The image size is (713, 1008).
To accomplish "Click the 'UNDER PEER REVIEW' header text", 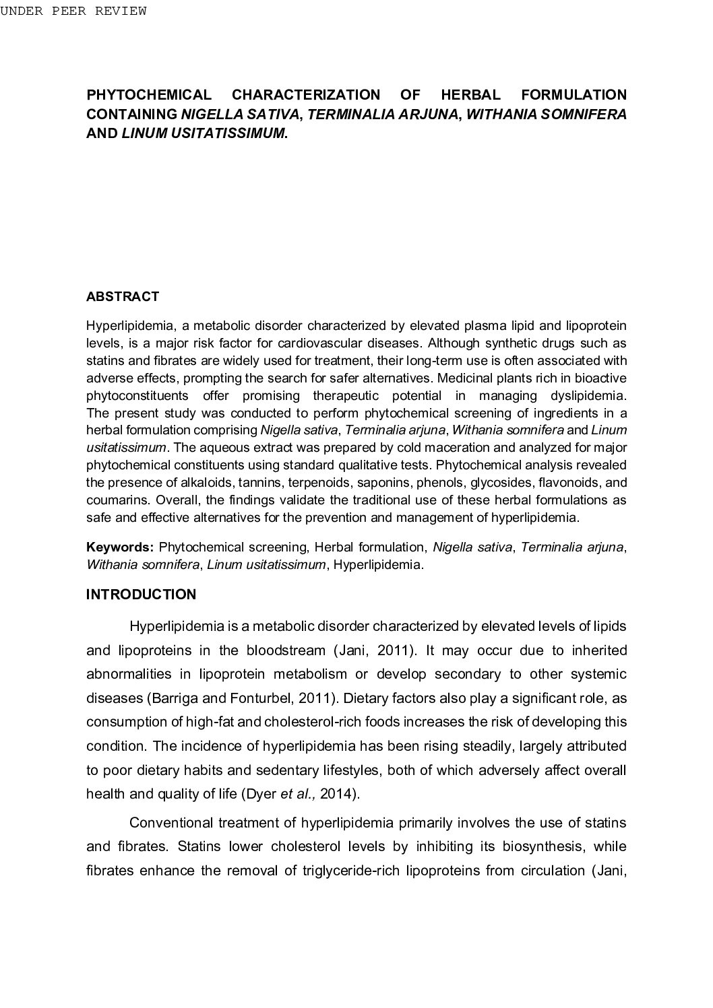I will [x=73, y=11].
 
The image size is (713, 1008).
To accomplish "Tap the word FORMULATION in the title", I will [x=573, y=95].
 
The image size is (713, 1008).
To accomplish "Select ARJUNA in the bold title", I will [x=427, y=114].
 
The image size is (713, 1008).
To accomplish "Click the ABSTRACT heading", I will [x=123, y=297].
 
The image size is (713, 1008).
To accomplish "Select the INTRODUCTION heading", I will [x=142, y=595].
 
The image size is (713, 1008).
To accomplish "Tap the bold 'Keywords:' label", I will [x=120, y=547].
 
